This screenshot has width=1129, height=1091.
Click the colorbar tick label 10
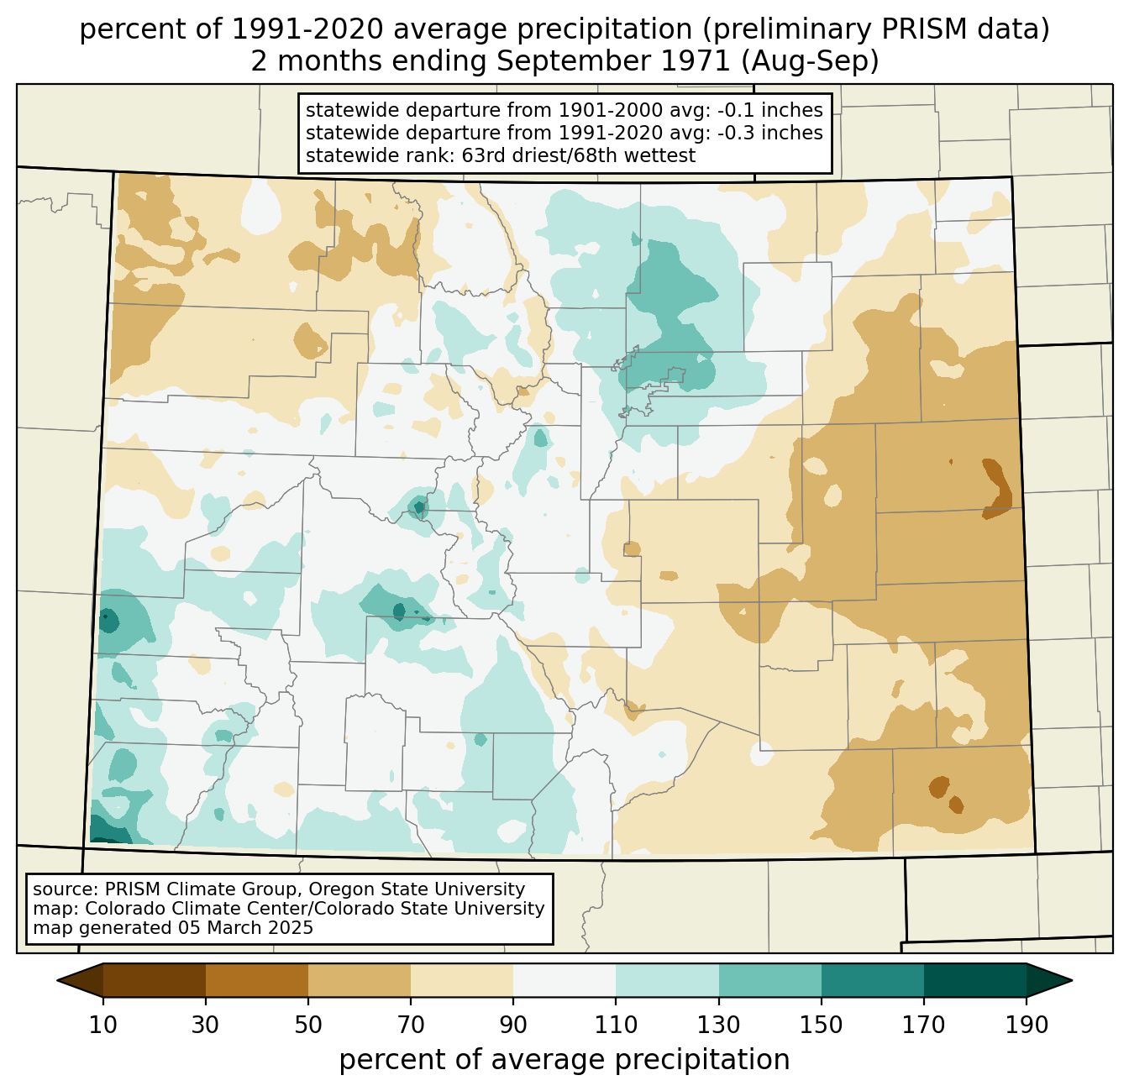[103, 1025]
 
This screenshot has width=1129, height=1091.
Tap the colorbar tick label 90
[513, 1025]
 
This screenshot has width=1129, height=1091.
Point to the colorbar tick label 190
[1026, 1025]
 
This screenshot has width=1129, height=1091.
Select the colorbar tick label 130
[719, 1025]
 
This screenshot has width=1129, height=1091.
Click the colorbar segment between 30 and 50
[257, 980]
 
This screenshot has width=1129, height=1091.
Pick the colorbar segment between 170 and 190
[974, 980]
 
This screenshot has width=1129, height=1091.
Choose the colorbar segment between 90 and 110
[564, 980]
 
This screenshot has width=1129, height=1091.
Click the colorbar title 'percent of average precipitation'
[564, 1060]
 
